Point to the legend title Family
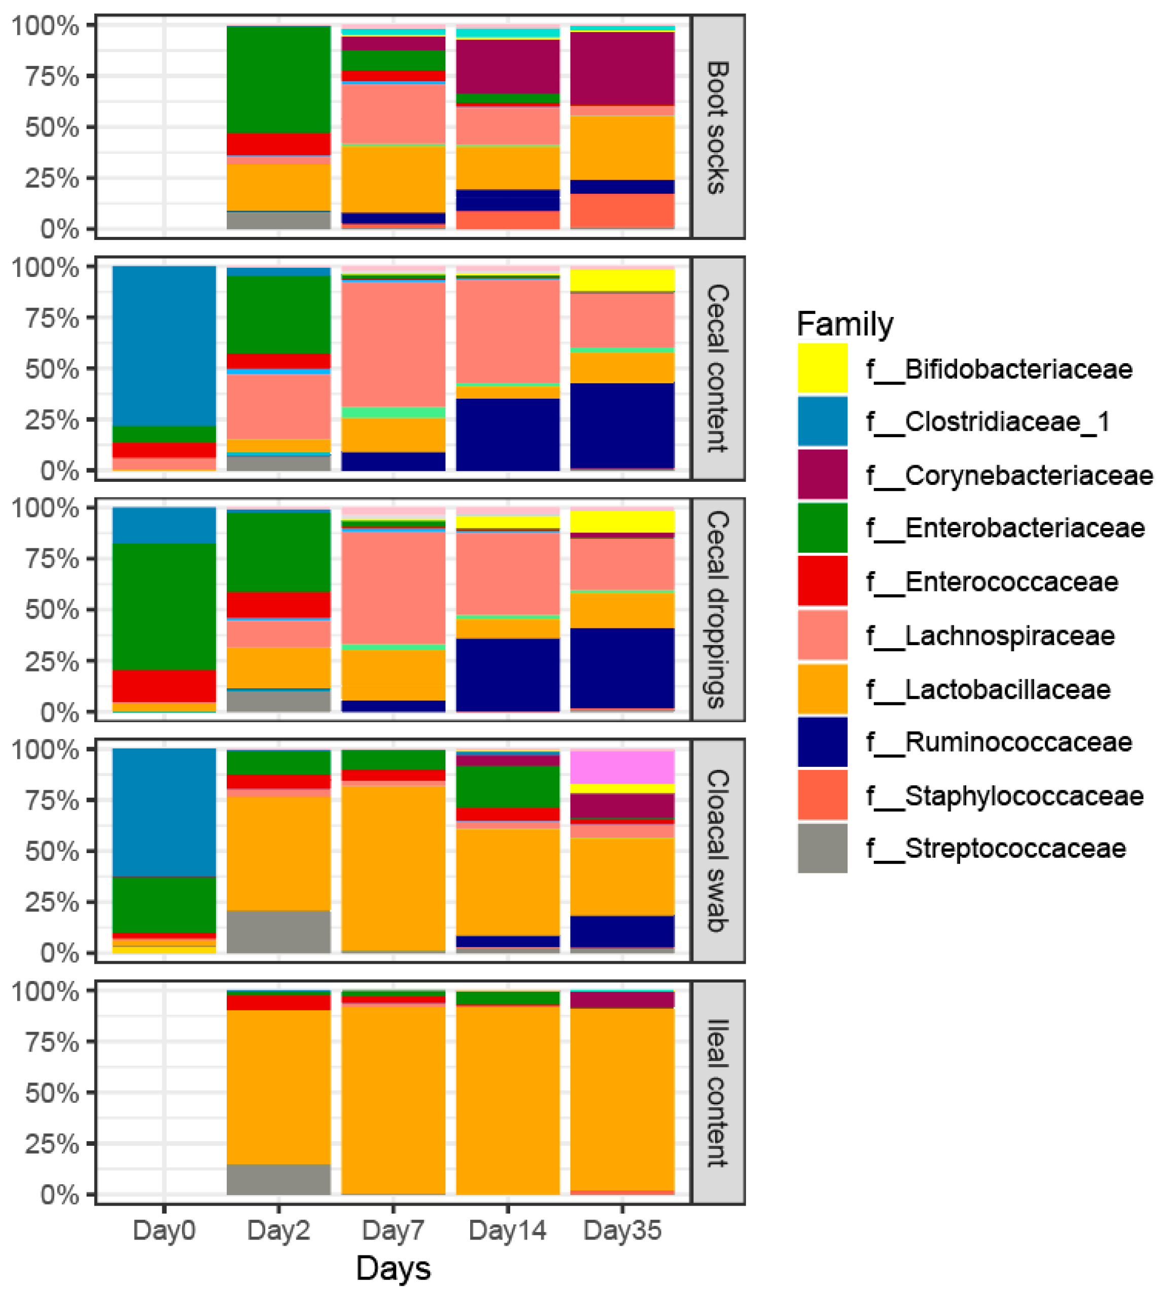point(844,324)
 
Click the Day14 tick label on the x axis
point(507,1230)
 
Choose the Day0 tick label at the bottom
point(164,1230)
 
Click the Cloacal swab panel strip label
point(718,851)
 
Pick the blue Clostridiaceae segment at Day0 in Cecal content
point(164,345)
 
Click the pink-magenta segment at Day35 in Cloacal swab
point(622,767)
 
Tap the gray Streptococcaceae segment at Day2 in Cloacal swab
point(279,931)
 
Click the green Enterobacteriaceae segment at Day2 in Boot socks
point(279,80)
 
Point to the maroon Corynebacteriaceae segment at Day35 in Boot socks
point(622,69)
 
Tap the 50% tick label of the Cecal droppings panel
point(52,610)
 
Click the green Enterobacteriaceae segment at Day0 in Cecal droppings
point(164,606)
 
